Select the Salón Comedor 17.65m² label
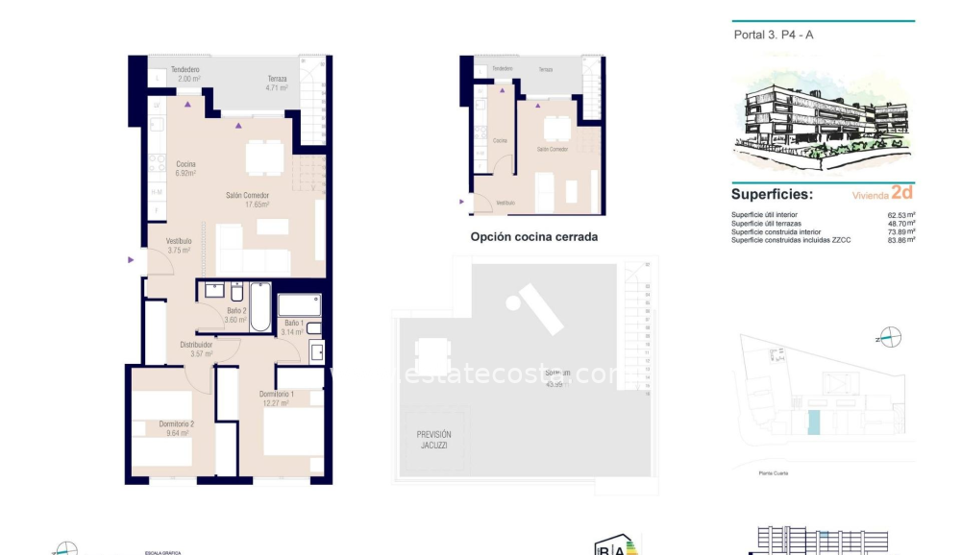click(247, 200)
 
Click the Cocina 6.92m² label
click(185, 169)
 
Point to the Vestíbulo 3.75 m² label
click(179, 246)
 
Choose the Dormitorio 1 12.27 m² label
click(277, 398)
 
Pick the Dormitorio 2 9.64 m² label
click(176, 428)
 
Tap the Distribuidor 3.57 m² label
click(196, 349)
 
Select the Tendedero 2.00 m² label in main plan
click(185, 75)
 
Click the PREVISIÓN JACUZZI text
click(434, 440)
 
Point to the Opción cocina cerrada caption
click(533, 236)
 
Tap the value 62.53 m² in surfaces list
click(900, 215)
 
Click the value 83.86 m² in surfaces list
click(900, 239)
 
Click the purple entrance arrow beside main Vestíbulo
click(131, 259)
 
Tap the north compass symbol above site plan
click(890, 337)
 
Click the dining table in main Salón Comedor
click(263, 157)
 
